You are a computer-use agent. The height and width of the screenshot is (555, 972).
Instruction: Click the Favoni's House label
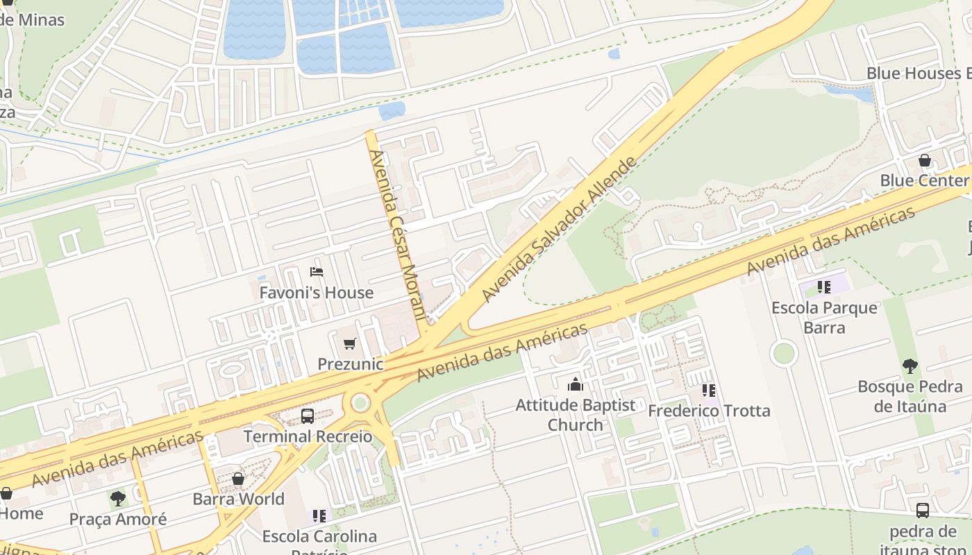317,293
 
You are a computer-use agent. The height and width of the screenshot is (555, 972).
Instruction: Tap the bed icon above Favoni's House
317,272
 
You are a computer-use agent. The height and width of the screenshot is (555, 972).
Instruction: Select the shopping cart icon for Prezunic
350,343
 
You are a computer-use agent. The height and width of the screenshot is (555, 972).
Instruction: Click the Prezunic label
350,364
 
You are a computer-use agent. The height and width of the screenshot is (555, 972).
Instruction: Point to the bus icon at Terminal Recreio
307,416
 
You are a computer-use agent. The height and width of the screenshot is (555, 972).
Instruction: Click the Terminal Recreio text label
308,436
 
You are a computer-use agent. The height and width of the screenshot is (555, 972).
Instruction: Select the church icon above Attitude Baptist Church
575,384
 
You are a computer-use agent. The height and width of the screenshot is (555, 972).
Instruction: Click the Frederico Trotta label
709,411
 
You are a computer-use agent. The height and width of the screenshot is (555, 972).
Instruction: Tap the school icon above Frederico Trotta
708,391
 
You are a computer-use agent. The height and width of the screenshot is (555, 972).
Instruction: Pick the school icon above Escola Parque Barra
823,287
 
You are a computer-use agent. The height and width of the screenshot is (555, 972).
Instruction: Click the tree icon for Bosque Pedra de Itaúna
910,366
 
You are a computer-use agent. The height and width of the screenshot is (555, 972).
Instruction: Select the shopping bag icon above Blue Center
925,160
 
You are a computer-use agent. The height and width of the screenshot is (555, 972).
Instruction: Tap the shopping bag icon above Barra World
238,479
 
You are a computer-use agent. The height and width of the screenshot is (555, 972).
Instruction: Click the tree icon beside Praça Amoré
118,498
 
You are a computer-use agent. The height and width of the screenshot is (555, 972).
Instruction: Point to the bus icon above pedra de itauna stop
922,511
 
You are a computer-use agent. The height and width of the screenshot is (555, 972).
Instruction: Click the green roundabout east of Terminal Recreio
360,402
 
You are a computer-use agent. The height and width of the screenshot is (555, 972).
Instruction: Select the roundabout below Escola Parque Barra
783,353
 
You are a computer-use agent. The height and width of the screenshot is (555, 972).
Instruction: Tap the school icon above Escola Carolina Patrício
319,515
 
